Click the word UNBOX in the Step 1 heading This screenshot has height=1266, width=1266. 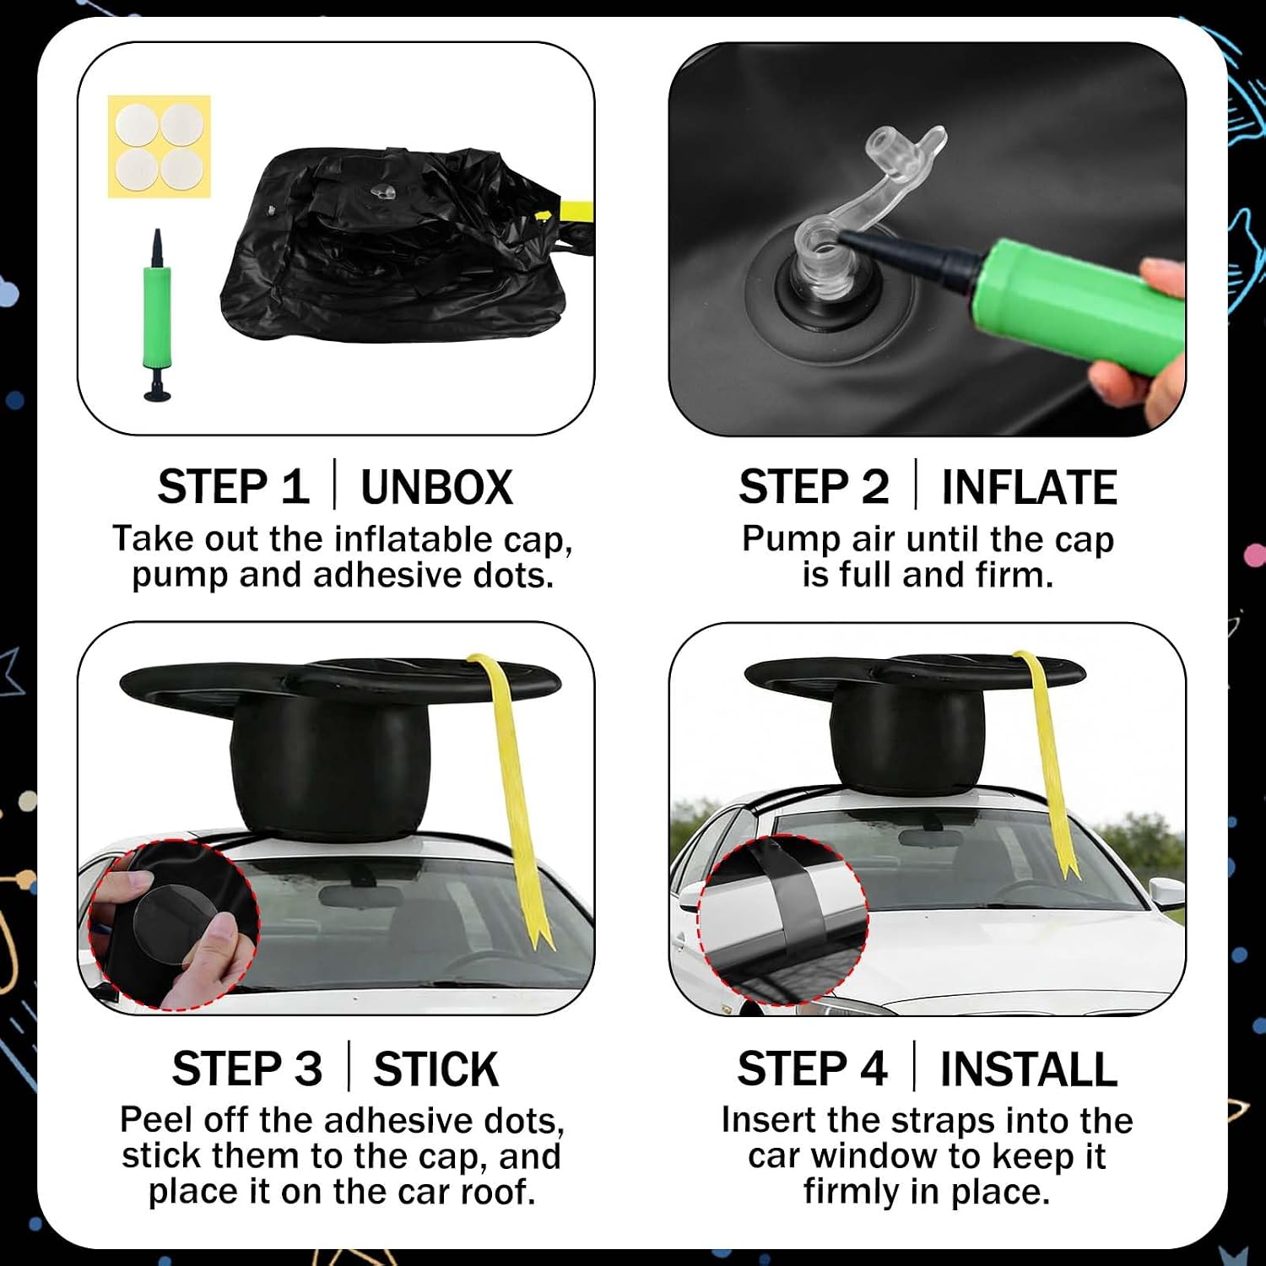436,487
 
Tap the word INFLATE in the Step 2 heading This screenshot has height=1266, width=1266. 1029,487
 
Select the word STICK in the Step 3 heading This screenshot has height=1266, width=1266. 436,1069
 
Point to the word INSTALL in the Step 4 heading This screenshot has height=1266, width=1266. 1028,1069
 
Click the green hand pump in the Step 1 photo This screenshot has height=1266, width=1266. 157,315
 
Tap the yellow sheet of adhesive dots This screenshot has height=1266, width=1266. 159,147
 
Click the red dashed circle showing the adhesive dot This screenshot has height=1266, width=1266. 173,924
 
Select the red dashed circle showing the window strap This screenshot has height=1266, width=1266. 783,919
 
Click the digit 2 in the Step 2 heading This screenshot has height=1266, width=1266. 874,487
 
